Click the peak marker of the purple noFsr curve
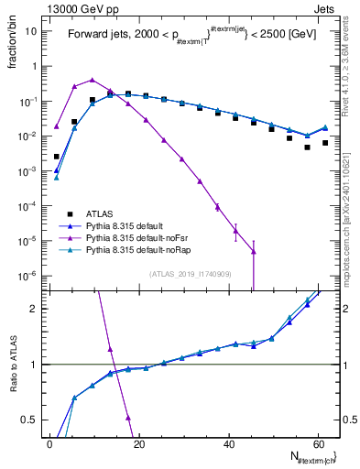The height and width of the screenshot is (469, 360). [93, 80]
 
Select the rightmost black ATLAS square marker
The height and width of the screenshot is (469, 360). [325, 143]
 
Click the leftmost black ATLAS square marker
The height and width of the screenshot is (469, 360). [57, 157]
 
